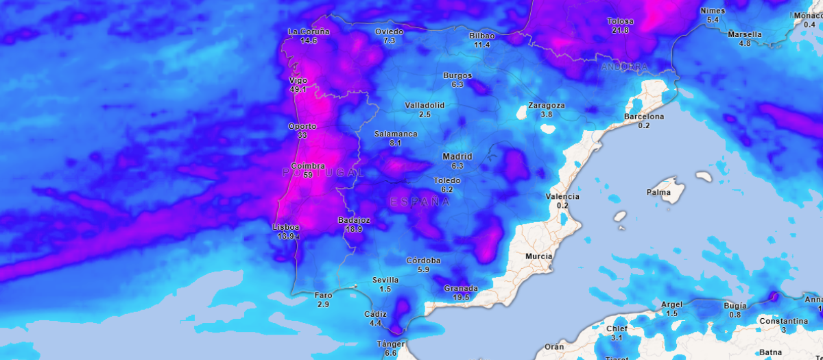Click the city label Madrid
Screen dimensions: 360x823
(457, 156)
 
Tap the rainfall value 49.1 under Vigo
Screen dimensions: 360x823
(298, 89)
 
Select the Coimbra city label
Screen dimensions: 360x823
(308, 166)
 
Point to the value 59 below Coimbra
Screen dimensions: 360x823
(308, 175)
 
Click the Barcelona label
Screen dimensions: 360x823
(644, 117)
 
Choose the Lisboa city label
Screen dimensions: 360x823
(286, 227)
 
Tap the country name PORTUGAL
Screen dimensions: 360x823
(323, 173)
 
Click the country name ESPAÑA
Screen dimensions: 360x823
(420, 202)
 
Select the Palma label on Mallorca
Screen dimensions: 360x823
(658, 192)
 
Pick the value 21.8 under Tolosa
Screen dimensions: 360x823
(620, 30)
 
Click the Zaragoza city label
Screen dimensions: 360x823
(547, 106)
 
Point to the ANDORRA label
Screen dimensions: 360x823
(624, 67)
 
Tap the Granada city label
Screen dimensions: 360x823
(461, 288)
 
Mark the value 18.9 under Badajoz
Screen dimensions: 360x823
(354, 229)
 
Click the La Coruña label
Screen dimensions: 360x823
(309, 32)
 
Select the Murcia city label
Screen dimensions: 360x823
(538, 256)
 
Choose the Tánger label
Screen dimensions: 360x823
(390, 344)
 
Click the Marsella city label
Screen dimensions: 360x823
(745, 34)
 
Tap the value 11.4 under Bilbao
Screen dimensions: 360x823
(482, 45)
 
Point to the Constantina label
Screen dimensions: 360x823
(783, 321)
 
